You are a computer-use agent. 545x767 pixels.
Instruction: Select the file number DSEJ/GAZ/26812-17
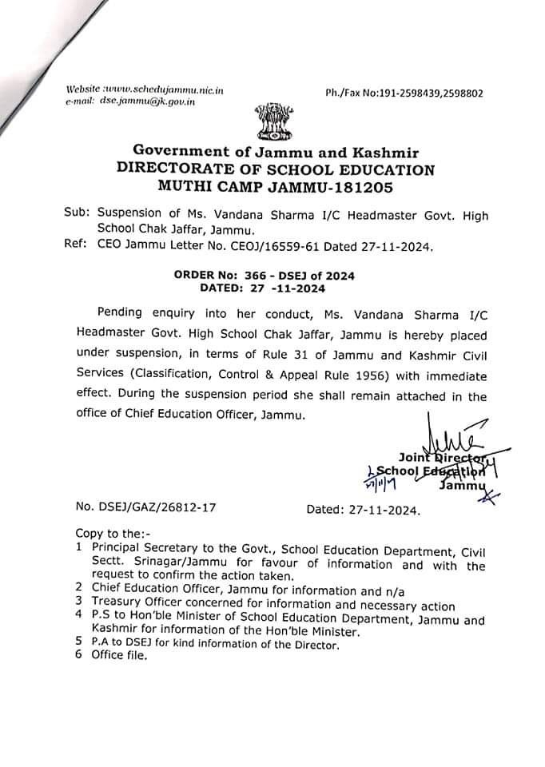145,507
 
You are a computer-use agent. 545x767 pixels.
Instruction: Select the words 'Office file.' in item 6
120,656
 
